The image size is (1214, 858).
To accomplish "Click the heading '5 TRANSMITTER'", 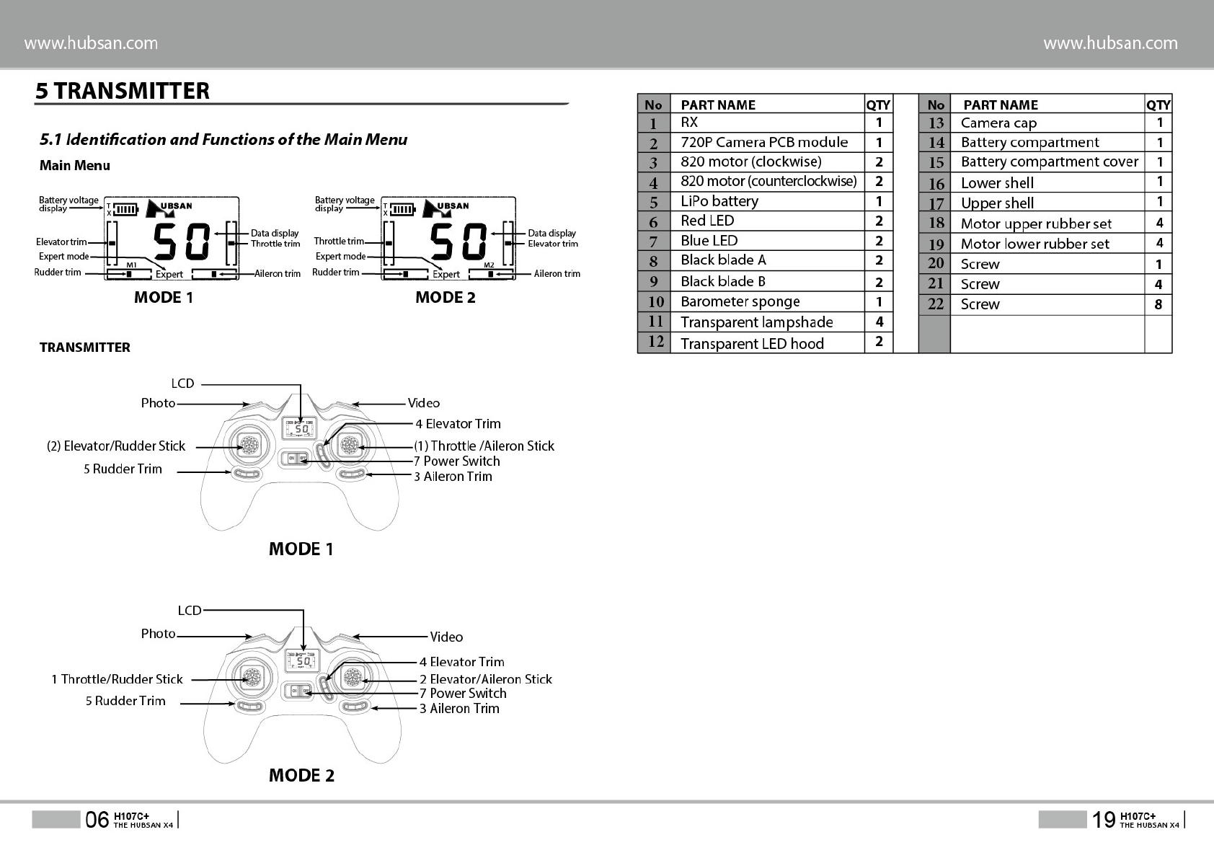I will coord(123,91).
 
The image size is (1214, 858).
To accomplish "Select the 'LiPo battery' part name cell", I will coord(719,201).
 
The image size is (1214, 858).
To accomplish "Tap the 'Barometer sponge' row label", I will coord(740,301).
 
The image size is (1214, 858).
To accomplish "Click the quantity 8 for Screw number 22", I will coord(1158,304).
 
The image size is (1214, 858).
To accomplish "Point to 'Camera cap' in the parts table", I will coord(998,123).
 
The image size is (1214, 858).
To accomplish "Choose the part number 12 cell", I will coord(655,342).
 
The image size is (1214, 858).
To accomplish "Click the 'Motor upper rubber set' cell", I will coord(1036,224).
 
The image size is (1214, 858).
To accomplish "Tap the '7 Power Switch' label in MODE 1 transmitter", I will coord(456,461).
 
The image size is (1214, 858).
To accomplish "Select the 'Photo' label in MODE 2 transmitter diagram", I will coord(158,634).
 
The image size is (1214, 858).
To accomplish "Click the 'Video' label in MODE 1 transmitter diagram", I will coord(423,403).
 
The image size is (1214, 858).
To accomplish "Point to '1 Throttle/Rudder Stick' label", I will coord(117,679).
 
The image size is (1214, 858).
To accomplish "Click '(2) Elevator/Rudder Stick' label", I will coord(116,446).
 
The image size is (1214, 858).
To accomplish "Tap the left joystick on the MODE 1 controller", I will coord(248,445).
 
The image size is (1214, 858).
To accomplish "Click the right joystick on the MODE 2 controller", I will coord(353,678).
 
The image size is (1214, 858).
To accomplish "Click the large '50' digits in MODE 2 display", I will coord(459,242).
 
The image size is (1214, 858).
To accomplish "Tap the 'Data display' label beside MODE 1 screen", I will coord(275,233).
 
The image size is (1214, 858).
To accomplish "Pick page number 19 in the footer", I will coord(1103,819).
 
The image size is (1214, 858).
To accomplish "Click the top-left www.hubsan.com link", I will coord(92,43).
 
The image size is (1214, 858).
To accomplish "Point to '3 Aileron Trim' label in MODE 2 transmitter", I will coord(459,708).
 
